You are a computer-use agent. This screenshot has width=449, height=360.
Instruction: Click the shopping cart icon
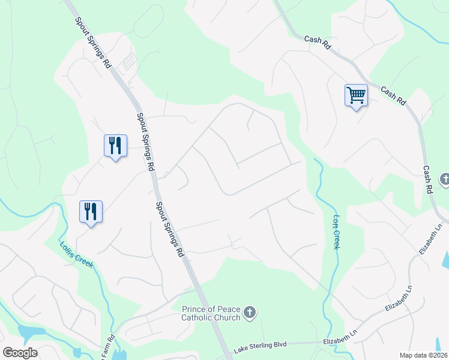pyautogui.click(x=356, y=95)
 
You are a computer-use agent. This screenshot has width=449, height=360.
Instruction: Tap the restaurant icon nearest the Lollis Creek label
pyautogui.click(x=91, y=211)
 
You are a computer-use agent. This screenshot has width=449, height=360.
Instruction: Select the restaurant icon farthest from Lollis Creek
pyautogui.click(x=115, y=145)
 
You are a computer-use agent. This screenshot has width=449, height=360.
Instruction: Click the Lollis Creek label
pyautogui.click(x=76, y=255)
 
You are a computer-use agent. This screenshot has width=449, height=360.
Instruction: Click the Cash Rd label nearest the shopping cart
pyautogui.click(x=393, y=96)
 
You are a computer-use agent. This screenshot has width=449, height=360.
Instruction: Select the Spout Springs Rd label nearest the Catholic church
pyautogui.click(x=169, y=230)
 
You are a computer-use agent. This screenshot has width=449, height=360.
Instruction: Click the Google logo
pyautogui.click(x=20, y=353)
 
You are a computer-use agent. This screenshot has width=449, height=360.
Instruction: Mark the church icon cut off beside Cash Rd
pyautogui.click(x=445, y=179)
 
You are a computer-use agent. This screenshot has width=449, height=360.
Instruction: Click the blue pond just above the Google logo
pyautogui.click(x=28, y=332)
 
